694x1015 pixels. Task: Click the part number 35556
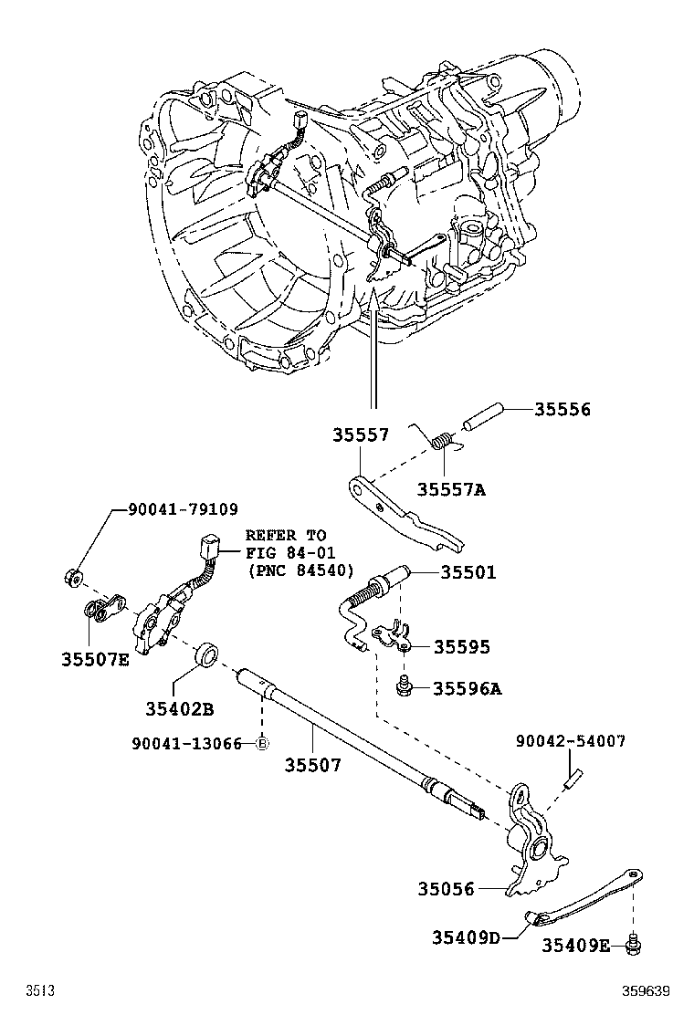[x=562, y=410]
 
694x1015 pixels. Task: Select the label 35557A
[x=451, y=489]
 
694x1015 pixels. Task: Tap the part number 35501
[x=468, y=572]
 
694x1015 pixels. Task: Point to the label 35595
[x=461, y=646]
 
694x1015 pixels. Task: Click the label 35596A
[x=467, y=688]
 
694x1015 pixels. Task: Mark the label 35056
[x=447, y=887]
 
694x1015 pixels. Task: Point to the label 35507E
[x=96, y=659]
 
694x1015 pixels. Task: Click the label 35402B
[x=179, y=708]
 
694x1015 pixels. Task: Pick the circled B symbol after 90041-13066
[x=261, y=744]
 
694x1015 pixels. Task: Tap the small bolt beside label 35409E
[x=633, y=946]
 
